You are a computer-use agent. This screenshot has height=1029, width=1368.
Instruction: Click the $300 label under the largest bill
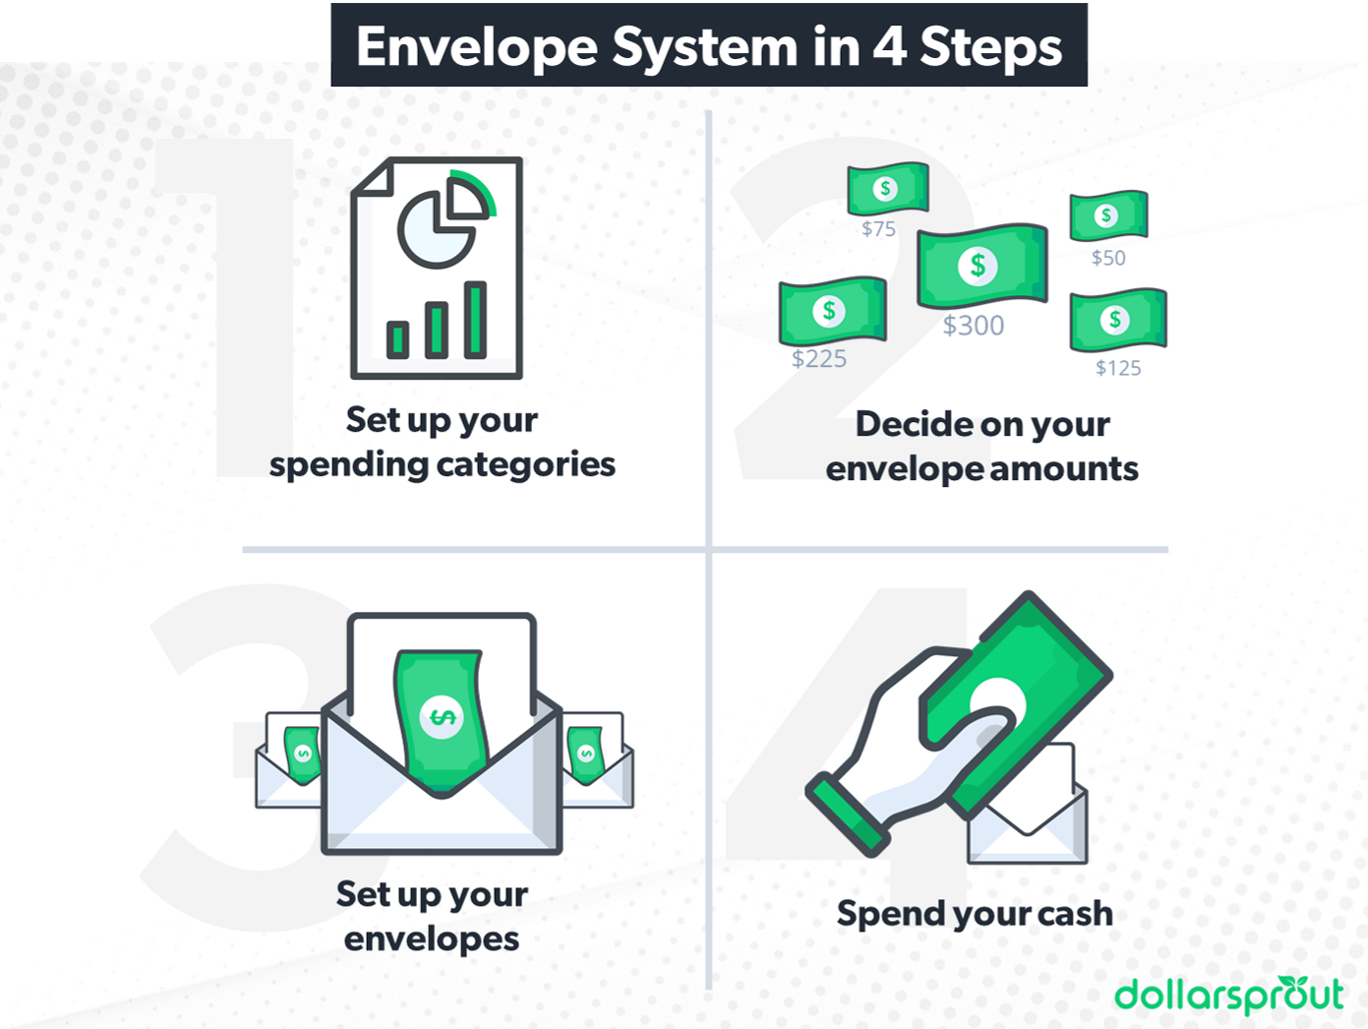pos(974,326)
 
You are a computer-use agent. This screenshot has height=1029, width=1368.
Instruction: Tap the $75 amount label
pos(878,229)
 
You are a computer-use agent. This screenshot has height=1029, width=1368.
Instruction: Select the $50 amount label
pos(1108,258)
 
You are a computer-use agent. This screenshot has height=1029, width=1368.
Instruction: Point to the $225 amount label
pos(819,359)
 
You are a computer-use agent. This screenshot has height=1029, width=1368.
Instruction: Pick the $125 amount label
pos(1118,368)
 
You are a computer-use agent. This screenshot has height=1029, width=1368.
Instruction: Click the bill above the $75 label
pos(887,189)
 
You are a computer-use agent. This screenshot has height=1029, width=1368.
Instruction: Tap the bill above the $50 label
pos(1108,215)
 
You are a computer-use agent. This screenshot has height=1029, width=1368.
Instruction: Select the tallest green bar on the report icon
pos(475,319)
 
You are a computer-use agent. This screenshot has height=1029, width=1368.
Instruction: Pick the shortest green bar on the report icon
pos(397,339)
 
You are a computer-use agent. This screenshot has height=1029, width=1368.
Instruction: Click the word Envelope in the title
pos(477,46)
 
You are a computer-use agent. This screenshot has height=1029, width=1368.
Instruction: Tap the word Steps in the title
pos(990,46)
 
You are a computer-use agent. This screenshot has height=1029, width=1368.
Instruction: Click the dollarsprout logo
pos(1228,995)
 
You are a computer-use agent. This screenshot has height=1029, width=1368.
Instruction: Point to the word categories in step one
pos(526,464)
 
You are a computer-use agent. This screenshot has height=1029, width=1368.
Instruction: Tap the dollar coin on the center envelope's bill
pos(442,717)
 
